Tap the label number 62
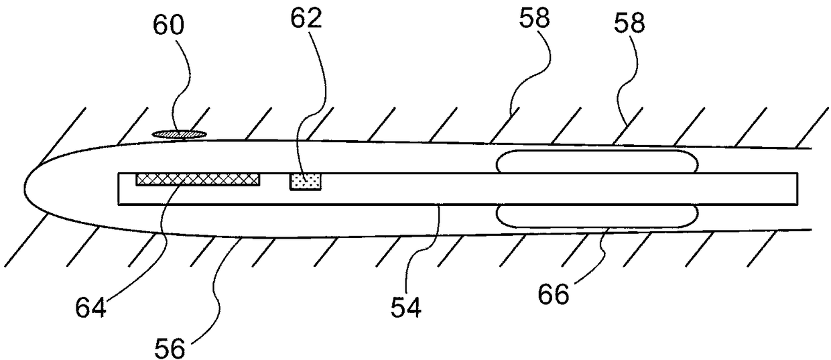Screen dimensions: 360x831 [x=306, y=19]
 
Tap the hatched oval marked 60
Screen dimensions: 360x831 [x=178, y=134]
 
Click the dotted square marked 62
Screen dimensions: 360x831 [x=306, y=181]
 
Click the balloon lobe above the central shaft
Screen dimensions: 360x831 [x=596, y=162]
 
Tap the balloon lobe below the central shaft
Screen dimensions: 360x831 [x=596, y=215]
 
